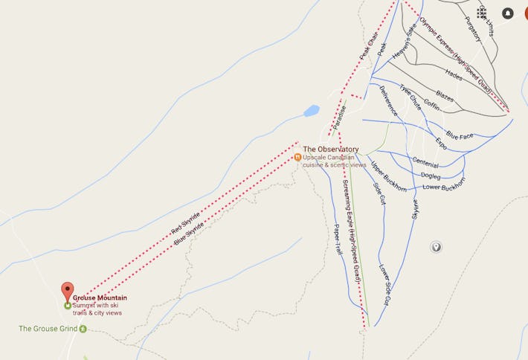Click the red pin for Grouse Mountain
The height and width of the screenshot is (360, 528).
[x=68, y=291]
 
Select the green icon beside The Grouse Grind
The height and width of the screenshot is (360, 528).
[x=83, y=329]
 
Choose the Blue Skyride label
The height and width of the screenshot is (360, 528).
[x=189, y=233]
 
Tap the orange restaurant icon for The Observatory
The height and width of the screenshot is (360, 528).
[x=297, y=157]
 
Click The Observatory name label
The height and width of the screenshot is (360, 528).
[x=331, y=150]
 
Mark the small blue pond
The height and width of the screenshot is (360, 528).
[x=312, y=111]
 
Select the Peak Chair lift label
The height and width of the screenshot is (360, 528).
[x=369, y=46]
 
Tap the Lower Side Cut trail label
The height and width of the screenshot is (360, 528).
[x=384, y=285]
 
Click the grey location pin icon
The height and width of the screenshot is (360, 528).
[x=437, y=247]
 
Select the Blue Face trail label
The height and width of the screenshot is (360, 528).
[x=460, y=135]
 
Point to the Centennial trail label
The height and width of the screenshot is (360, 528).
[x=426, y=162]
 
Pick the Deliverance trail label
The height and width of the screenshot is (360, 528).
[x=388, y=100]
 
